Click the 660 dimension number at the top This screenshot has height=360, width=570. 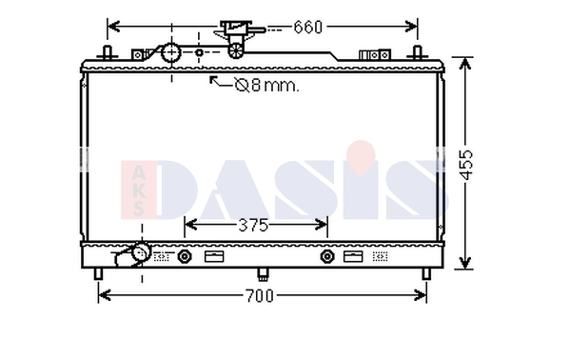308,27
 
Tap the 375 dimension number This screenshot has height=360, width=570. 253,225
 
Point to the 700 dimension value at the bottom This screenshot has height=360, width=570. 259,295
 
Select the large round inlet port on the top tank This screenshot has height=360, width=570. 171,53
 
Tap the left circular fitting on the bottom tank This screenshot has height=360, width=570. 185,255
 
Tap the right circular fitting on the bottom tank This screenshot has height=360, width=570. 327,255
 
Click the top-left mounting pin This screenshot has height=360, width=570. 109,52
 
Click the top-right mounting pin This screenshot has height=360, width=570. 415,52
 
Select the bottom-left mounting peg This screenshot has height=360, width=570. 98,274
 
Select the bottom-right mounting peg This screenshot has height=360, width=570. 425,274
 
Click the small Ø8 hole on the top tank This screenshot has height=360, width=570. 199,53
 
